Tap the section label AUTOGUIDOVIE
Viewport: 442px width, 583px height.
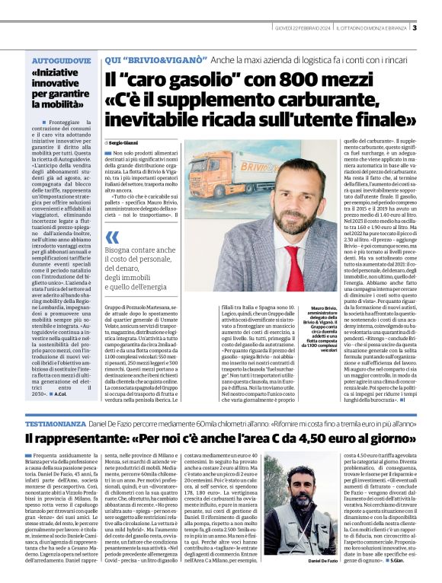(59, 60)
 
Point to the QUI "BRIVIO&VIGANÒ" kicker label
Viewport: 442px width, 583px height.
(155, 59)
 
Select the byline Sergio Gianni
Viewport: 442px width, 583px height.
(123, 142)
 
